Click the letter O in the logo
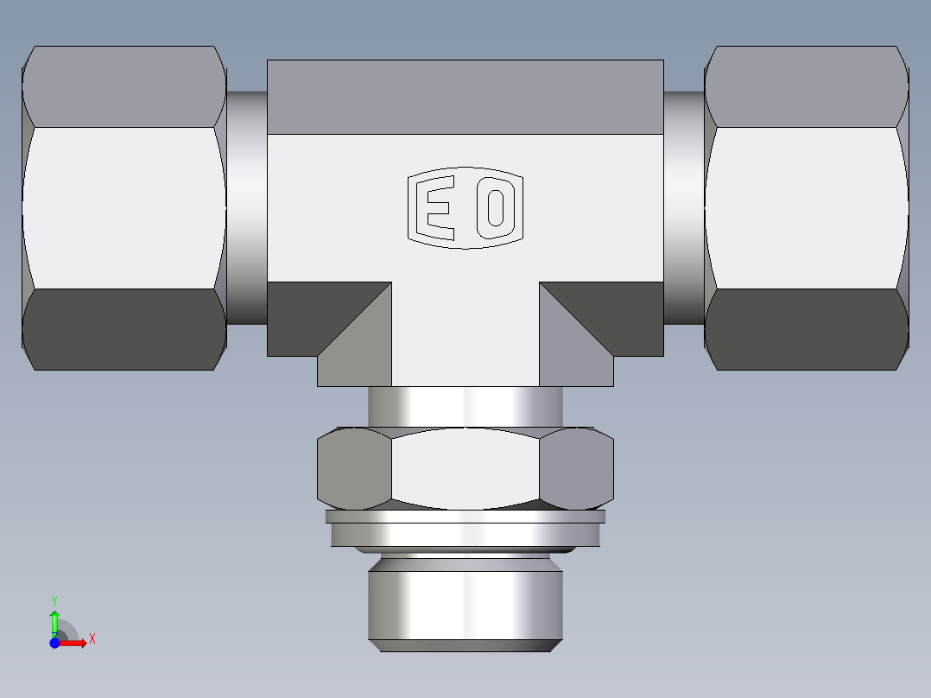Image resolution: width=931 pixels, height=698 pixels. coord(495,208)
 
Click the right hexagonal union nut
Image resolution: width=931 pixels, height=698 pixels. coord(807,208)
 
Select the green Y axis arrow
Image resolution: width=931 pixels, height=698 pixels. coord(54,620)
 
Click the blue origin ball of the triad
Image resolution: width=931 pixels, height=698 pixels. coord(54,643)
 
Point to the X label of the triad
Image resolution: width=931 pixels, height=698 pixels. coord(92,639)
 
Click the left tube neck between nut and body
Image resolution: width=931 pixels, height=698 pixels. coord(247,208)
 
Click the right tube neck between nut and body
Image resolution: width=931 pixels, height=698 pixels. coord(684,208)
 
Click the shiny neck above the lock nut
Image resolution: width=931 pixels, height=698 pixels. coord(465,406)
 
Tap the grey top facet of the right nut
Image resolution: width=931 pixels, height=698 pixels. coord(807,86)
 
